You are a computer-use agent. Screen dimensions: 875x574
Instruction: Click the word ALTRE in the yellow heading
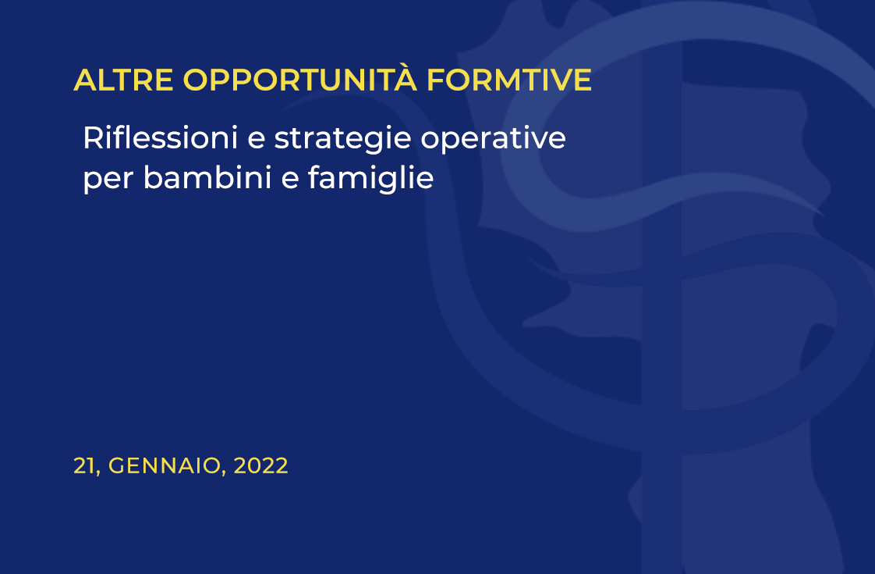[123, 80]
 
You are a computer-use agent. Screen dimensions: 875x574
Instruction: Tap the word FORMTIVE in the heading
[509, 80]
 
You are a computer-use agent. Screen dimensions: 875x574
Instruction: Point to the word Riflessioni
[160, 137]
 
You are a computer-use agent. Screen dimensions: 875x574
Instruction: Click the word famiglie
[370, 178]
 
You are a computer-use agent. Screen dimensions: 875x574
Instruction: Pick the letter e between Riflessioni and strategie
[256, 139]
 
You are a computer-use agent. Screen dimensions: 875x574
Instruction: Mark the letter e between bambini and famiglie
[289, 180]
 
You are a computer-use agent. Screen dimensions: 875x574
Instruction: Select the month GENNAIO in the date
[164, 466]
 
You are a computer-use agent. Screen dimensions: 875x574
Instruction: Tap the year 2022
[260, 466]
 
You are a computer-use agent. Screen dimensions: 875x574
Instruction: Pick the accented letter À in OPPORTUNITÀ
[405, 77]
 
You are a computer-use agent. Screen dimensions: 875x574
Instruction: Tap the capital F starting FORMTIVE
[436, 80]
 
